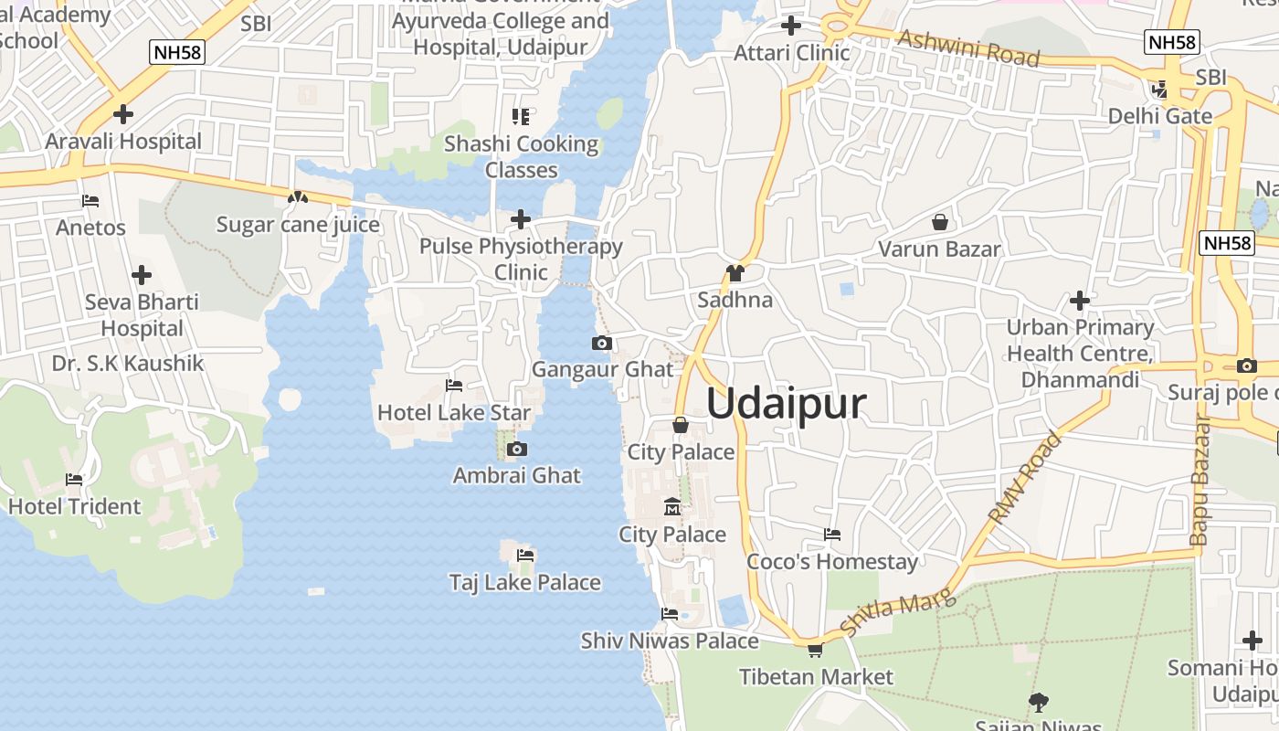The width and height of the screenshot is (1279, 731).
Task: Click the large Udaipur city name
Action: coord(786,403)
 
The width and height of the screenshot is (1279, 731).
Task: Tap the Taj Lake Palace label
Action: coord(524,582)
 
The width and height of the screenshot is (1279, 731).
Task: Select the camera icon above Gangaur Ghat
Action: coord(602,344)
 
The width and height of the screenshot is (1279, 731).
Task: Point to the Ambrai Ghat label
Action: coord(516,475)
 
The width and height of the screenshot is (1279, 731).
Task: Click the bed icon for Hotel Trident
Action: coord(74,480)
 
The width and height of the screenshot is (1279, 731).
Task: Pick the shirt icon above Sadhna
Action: coord(735,273)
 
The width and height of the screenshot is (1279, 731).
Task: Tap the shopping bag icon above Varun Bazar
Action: coord(939,222)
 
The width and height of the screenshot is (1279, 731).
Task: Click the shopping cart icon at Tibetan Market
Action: coord(815,651)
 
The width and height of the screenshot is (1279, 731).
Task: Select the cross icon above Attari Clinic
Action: coord(791,26)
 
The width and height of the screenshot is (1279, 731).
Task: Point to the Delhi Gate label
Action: coord(1159,116)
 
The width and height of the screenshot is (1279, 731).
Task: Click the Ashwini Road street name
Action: coord(968,48)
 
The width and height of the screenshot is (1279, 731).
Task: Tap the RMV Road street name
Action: coord(1026,477)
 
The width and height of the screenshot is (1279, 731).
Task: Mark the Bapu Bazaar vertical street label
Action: coord(1200,481)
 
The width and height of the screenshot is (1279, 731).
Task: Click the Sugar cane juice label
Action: coord(298,224)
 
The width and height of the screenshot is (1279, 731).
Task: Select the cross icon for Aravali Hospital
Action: coord(123,114)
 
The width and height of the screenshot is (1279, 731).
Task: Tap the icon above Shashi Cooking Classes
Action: coord(521,116)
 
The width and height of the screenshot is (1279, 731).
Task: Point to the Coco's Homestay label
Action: coord(831,561)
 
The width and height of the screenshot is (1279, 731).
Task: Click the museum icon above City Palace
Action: coord(672,506)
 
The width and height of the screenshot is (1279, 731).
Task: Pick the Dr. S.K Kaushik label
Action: coord(128,363)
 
